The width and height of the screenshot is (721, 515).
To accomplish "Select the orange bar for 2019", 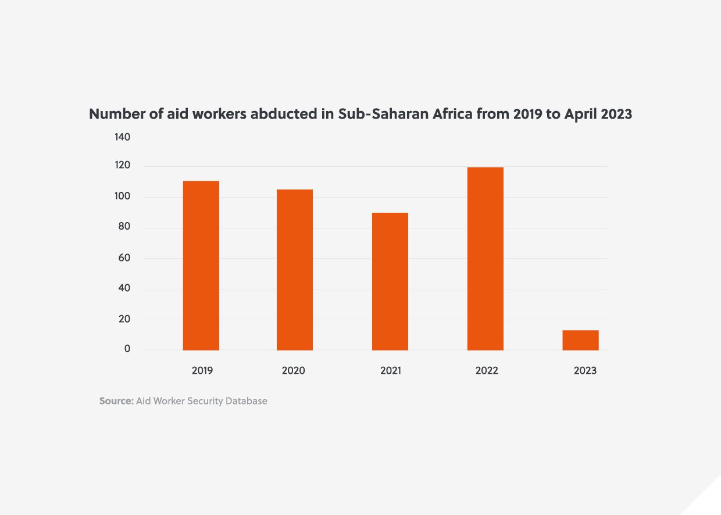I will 201,266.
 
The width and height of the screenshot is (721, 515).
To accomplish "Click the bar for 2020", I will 294,270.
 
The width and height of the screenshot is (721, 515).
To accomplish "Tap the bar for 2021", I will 390,281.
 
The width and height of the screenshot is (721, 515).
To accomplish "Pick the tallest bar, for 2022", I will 485,259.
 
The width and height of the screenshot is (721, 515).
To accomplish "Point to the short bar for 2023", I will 580,340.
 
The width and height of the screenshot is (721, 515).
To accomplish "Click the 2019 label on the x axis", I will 202,371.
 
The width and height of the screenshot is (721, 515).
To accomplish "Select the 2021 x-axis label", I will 391,371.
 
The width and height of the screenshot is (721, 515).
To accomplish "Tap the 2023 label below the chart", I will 585,371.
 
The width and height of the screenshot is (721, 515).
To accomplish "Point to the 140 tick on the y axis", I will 122,137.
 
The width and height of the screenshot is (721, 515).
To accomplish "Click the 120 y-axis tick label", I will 122,166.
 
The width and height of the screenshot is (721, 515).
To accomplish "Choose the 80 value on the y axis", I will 124,227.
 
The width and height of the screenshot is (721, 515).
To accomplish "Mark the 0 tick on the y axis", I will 127,349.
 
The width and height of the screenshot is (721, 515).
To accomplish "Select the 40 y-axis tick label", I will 124,288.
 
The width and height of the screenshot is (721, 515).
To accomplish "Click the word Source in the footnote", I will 116,401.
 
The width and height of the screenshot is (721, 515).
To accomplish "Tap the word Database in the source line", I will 245,401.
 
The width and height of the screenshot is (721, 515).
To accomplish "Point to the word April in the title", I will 581,115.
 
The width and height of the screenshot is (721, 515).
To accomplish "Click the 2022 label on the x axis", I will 487,371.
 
